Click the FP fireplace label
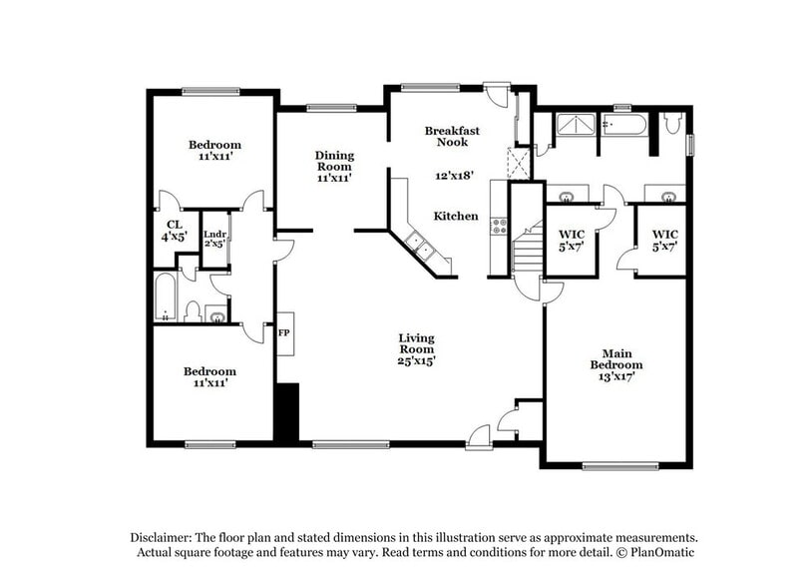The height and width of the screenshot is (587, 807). [284, 332]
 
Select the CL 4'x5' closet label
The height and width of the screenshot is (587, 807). [174, 232]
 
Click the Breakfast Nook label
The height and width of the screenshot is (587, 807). [452, 137]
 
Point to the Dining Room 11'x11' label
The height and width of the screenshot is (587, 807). [335, 166]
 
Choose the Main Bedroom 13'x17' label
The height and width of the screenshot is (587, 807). [615, 364]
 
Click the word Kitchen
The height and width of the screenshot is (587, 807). [455, 217]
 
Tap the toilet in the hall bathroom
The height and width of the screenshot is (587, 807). [193, 311]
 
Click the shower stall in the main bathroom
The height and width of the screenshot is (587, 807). [574, 125]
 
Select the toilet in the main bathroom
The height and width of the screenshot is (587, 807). [672, 125]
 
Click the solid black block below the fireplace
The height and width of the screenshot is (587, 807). [286, 411]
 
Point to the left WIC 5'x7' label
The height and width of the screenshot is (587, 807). [570, 240]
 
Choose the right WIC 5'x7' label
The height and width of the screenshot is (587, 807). [664, 240]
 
